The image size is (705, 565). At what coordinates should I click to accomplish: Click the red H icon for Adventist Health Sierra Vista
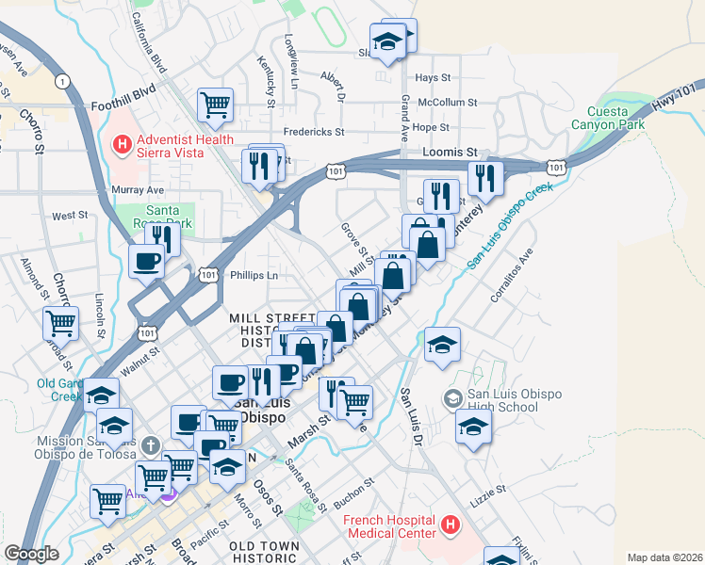coord(121,145)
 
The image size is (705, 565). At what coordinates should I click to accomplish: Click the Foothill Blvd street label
coord(122,107)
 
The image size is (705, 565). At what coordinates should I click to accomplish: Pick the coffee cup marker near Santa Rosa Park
coord(146,261)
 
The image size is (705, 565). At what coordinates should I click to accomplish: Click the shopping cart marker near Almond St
coord(60,323)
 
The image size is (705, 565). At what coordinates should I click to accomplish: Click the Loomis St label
coord(457,152)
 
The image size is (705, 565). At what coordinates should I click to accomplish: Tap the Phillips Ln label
coord(254,276)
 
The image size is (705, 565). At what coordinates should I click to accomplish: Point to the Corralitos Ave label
coord(512,274)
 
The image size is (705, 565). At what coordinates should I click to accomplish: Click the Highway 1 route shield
coord(62,82)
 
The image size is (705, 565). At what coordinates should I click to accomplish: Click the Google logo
coord(31,554)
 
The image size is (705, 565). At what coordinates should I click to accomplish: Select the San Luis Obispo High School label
coord(503,401)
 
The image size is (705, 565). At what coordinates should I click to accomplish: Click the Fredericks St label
coord(314,133)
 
